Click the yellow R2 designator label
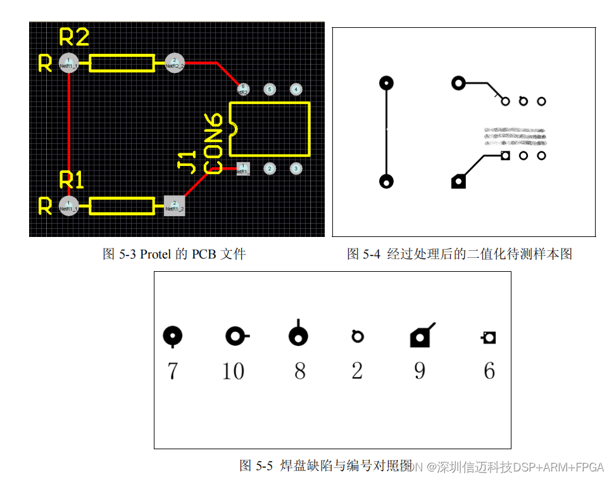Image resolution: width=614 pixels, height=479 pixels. tap(74, 37)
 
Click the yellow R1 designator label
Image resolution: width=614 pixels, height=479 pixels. tap(72, 181)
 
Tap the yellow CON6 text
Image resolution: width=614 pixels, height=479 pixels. tap(213, 144)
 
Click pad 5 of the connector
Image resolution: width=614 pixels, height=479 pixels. tap(269, 89)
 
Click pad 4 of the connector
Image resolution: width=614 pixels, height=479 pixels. tap(296, 89)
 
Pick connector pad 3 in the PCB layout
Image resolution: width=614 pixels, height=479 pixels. tap(296, 169)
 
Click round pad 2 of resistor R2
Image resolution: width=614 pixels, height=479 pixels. tap(174, 63)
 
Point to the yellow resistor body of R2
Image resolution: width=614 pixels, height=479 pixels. tap(122, 63)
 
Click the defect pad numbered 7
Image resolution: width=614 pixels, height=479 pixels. tap(172, 336)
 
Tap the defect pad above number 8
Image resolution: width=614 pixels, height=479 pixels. tap(298, 336)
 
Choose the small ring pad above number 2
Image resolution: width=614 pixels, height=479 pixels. tap(358, 336)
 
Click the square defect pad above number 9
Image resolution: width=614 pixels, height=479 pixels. tap(420, 338)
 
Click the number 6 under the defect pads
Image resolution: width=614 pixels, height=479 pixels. tap(489, 371)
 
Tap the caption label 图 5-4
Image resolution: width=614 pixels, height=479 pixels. tap(363, 255)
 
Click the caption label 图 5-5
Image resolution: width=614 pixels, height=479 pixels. tap(256, 466)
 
